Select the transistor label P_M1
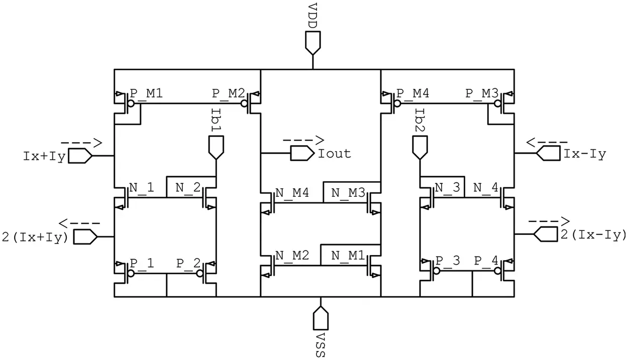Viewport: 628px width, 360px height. point(146,93)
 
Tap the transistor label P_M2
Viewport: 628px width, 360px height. point(229,93)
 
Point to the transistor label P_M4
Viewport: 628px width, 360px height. point(413,93)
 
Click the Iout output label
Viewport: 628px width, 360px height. point(335,153)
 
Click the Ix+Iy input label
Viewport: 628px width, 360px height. point(44,156)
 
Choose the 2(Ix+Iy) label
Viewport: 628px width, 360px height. point(35,236)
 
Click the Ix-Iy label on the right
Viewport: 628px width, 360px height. point(584,154)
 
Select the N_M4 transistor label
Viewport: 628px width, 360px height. point(291,193)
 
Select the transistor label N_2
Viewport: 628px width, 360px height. point(188,188)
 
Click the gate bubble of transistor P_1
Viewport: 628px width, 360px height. point(131,274)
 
